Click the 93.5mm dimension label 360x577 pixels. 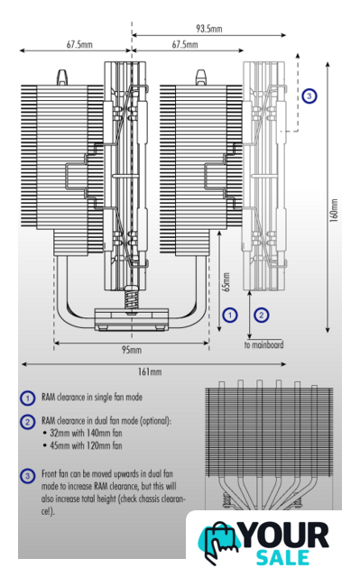[209, 28]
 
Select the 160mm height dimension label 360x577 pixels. [334, 210]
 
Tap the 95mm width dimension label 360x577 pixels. [132, 350]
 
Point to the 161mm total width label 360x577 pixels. [150, 371]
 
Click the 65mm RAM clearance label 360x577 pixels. [226, 282]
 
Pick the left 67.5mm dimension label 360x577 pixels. [79, 44]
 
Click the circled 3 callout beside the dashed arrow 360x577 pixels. [309, 96]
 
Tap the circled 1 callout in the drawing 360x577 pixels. [230, 315]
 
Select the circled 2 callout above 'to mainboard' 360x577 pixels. [262, 315]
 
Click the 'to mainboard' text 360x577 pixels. [264, 344]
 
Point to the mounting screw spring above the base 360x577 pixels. [132, 298]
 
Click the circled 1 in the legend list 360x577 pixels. [27, 398]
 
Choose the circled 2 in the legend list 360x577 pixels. [27, 422]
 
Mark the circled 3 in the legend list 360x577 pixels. [27, 476]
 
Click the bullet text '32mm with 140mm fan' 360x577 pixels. [86, 433]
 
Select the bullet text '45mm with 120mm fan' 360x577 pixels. [86, 445]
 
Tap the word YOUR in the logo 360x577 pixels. [285, 536]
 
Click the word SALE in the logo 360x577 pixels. [282, 557]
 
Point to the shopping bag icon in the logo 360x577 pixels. [220, 542]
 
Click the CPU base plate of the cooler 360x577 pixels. [132, 320]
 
